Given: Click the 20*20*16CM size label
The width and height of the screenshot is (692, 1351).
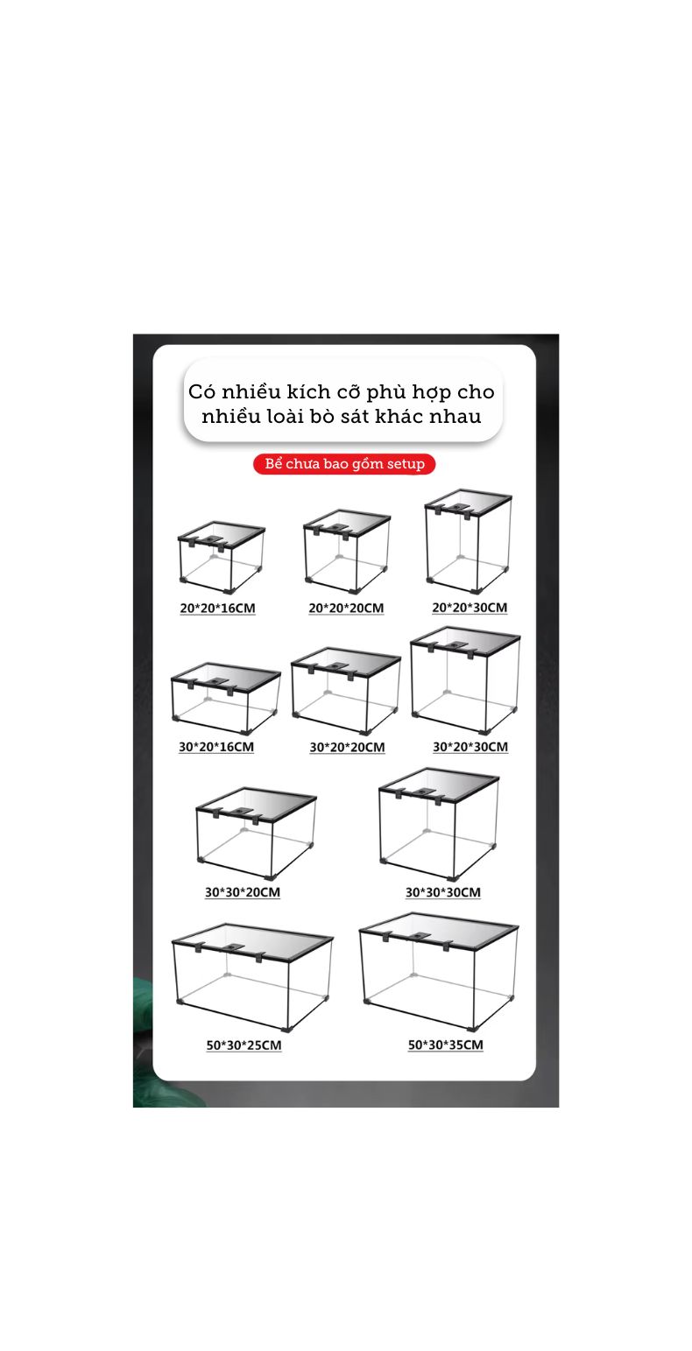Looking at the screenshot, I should coord(217,608).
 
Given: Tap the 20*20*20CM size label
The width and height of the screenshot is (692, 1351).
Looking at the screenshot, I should coord(346,608).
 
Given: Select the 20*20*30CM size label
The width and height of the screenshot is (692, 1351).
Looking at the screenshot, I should coord(470,607).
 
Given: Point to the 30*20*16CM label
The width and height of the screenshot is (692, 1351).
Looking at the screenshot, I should coord(216,747).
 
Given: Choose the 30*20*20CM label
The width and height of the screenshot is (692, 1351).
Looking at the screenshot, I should coord(347,747).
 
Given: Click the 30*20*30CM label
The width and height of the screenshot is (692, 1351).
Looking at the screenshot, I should coord(470,747).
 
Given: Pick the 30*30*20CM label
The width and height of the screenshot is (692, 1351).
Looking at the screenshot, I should coord(243,892).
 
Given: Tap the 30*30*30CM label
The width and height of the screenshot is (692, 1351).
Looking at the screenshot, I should coord(442,892).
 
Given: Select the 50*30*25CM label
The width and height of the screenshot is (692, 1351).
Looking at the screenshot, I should coord(244,1045).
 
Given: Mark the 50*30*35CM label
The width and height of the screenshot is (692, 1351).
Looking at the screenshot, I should coord(445,1045).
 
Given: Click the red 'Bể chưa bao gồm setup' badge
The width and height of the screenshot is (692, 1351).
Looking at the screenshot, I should coord(344,464).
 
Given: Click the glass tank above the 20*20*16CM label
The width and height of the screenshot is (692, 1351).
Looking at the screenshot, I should coord(221,558).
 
